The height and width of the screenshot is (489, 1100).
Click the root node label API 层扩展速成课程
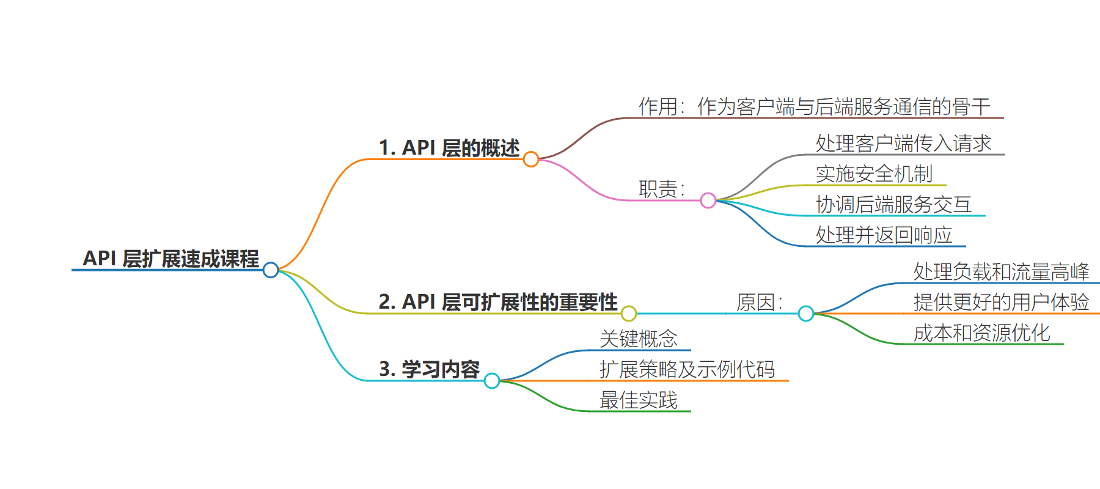[171, 259]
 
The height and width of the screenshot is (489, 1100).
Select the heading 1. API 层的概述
[449, 148]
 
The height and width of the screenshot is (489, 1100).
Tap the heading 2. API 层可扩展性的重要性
[498, 302]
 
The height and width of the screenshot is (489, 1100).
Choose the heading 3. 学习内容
[430, 369]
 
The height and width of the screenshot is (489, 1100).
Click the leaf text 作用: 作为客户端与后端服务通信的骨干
[815, 106]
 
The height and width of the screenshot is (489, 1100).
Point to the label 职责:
[662, 188]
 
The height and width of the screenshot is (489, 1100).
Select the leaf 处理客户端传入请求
[903, 143]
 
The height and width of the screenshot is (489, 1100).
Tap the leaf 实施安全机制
[875, 174]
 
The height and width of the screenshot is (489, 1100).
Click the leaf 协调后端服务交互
[894, 204]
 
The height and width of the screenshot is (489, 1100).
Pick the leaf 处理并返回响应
[884, 235]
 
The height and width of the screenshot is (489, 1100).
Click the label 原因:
[760, 302]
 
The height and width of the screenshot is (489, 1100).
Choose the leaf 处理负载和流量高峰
[1002, 271]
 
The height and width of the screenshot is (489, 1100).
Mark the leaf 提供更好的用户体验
[1002, 302]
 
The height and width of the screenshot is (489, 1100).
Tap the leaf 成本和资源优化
[982, 333]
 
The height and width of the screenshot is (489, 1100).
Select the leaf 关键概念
[639, 339]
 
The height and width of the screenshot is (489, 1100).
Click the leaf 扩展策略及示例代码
[687, 369]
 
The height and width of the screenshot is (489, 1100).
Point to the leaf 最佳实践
[639, 400]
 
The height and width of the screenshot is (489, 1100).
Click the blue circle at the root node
[271, 263]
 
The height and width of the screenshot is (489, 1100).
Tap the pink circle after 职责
[708, 193]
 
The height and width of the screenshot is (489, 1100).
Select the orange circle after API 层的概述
[531, 152]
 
